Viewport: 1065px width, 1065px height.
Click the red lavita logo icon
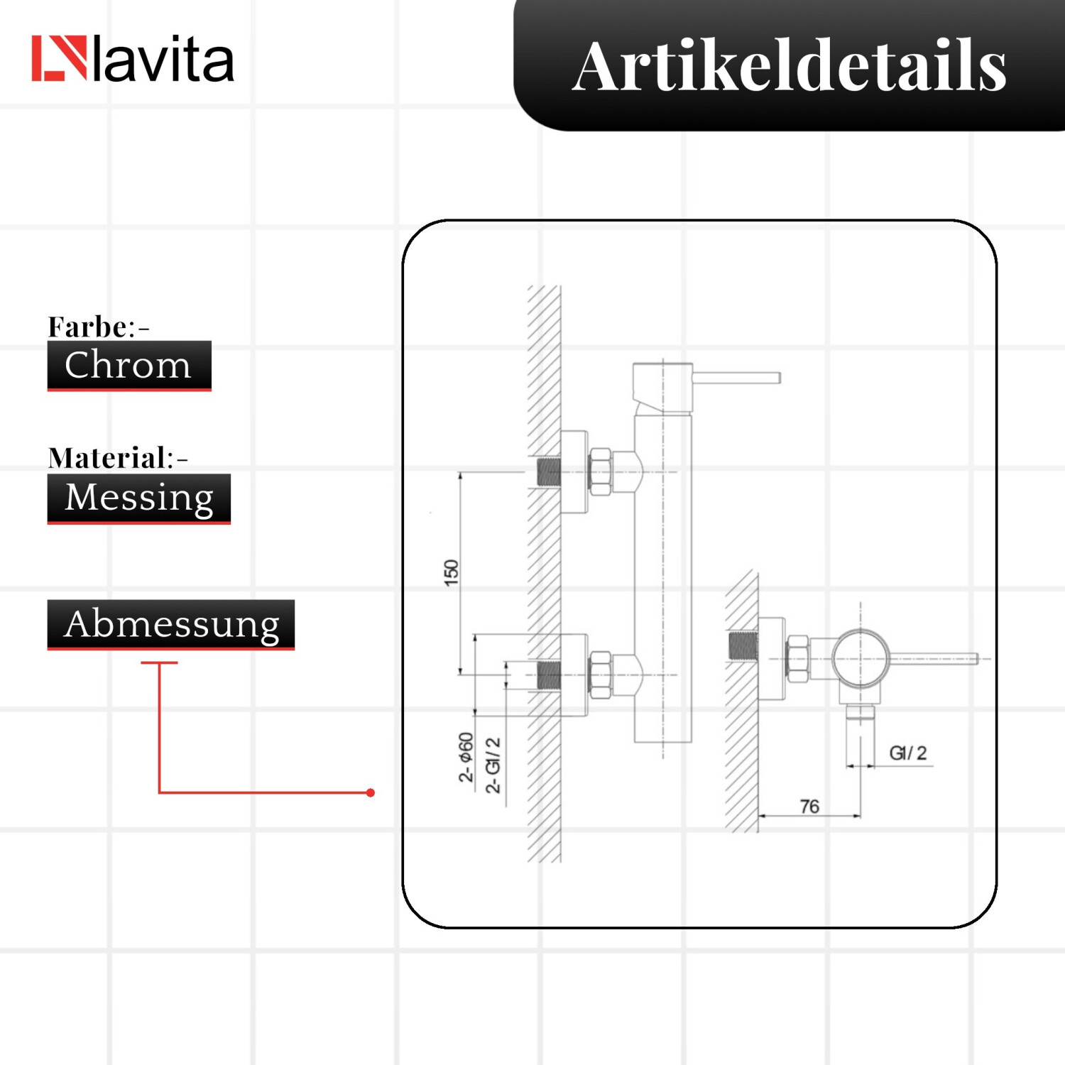pyautogui.click(x=59, y=58)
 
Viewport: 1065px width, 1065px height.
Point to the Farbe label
pyautogui.click(x=99, y=327)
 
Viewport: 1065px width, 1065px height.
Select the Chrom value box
pyautogui.click(x=129, y=366)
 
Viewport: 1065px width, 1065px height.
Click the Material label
pyautogui.click(x=118, y=458)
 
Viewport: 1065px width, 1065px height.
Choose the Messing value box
pyautogui.click(x=139, y=498)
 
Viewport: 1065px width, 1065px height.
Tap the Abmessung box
pyautogui.click(x=171, y=625)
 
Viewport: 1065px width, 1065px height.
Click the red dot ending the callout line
pyautogui.click(x=371, y=792)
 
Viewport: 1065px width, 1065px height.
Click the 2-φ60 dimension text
pyautogui.click(x=466, y=758)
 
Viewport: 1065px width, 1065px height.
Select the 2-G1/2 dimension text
pyautogui.click(x=493, y=765)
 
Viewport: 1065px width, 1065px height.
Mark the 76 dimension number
pyautogui.click(x=809, y=807)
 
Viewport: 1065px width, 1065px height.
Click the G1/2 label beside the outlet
pyautogui.click(x=908, y=753)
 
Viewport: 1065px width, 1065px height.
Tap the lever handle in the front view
pyautogui.click(x=736, y=378)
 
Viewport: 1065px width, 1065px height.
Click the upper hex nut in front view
pyautogui.click(x=601, y=471)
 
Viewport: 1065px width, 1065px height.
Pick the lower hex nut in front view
pyautogui.click(x=601, y=674)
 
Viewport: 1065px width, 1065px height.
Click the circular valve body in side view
pyautogui.click(x=861, y=659)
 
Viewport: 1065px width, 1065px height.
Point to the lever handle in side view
pyautogui.click(x=933, y=659)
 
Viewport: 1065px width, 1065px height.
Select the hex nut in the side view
pyautogui.click(x=798, y=659)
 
